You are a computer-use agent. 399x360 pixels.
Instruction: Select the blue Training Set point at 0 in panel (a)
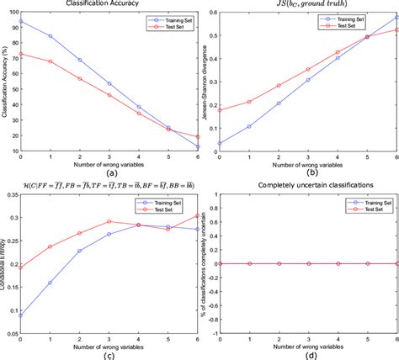click(x=20, y=22)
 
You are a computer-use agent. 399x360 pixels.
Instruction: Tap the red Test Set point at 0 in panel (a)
click(x=20, y=54)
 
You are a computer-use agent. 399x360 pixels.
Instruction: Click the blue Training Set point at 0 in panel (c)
click(x=20, y=315)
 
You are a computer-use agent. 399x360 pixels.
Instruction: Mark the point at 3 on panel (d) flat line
click(x=308, y=263)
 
